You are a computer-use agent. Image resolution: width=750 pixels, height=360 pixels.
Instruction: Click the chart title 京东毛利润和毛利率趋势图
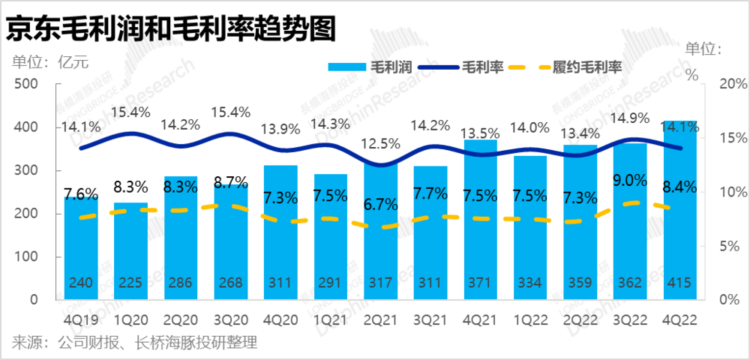(x=169, y=30)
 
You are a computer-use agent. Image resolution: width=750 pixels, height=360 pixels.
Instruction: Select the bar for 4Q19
(x=81, y=248)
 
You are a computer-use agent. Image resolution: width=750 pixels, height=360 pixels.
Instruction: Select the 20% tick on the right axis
(x=734, y=84)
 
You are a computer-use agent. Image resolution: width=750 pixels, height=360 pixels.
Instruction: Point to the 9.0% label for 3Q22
(x=630, y=181)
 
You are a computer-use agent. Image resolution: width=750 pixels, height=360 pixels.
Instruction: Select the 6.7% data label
(x=380, y=205)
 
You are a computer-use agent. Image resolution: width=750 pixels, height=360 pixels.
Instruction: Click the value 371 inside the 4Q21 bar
(x=480, y=283)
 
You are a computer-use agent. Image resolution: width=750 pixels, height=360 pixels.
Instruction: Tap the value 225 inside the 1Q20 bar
(x=130, y=283)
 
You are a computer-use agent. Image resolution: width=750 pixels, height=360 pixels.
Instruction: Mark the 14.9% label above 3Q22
(x=630, y=118)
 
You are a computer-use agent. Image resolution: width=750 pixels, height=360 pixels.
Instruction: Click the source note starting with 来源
(x=134, y=343)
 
